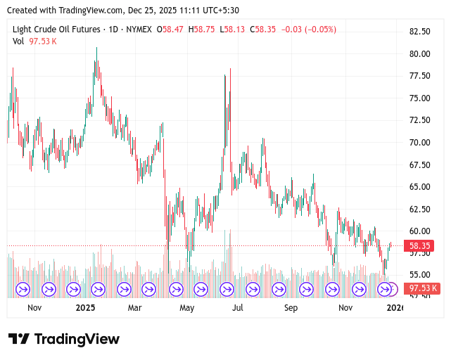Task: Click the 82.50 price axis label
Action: coord(419,32)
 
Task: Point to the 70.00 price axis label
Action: coord(419,143)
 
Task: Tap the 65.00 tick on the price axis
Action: coord(419,187)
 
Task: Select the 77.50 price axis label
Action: coord(419,76)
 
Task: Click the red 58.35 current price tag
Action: coord(420,246)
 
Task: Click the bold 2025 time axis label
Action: coord(85,307)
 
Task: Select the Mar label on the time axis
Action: coord(134,307)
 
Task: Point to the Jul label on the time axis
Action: coord(238,307)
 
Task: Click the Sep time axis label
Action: coord(291,307)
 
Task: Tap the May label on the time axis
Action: coord(186,307)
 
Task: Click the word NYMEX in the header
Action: coord(139,30)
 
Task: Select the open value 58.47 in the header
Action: coord(173,30)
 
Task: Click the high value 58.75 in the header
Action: coord(205,30)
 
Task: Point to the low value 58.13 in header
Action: coord(236,30)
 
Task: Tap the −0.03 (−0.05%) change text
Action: coord(308,30)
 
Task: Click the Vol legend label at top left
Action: coord(18,41)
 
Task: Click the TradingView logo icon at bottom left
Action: coord(18,339)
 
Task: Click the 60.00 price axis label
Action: coord(419,231)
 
